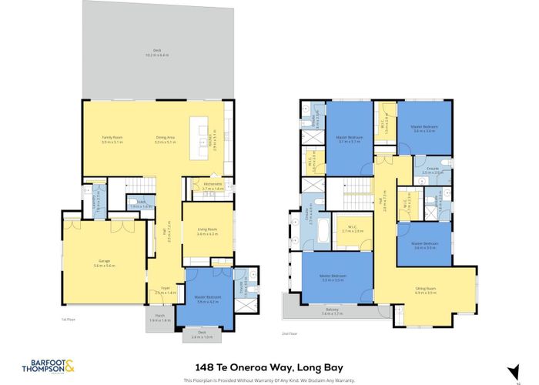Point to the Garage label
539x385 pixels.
coord(103,263)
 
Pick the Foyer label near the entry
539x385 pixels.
coord(166,291)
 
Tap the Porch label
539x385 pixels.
coord(160,317)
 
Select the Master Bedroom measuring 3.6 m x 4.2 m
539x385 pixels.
coord(203,300)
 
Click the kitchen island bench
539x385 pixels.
coord(203,139)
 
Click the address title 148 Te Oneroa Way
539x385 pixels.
coord(269,367)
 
